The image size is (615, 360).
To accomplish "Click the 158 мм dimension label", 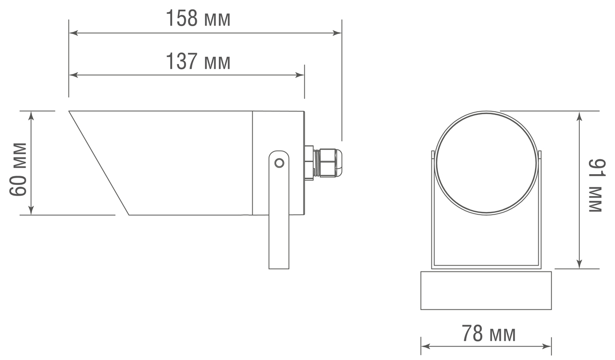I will click(198, 19).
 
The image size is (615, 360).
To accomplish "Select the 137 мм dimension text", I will click(198, 62).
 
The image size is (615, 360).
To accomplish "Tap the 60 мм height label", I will click(18, 169).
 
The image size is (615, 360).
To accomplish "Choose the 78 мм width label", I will click(488, 334).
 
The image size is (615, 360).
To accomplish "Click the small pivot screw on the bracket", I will click(279, 163).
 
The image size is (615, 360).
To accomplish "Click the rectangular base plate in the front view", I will click(486, 290).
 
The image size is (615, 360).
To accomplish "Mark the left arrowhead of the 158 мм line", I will click(73, 33).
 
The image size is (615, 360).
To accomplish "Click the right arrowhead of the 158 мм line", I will click(338, 33).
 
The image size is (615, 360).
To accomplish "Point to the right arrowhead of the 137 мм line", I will click(301, 75).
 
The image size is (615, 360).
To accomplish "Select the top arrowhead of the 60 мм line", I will click(31, 115).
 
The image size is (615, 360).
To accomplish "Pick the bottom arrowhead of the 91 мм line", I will click(579, 264).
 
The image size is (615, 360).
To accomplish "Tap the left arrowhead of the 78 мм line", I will click(424, 346).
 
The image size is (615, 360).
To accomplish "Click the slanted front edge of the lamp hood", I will click(99, 163).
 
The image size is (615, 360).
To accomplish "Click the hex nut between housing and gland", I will click(309, 162).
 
